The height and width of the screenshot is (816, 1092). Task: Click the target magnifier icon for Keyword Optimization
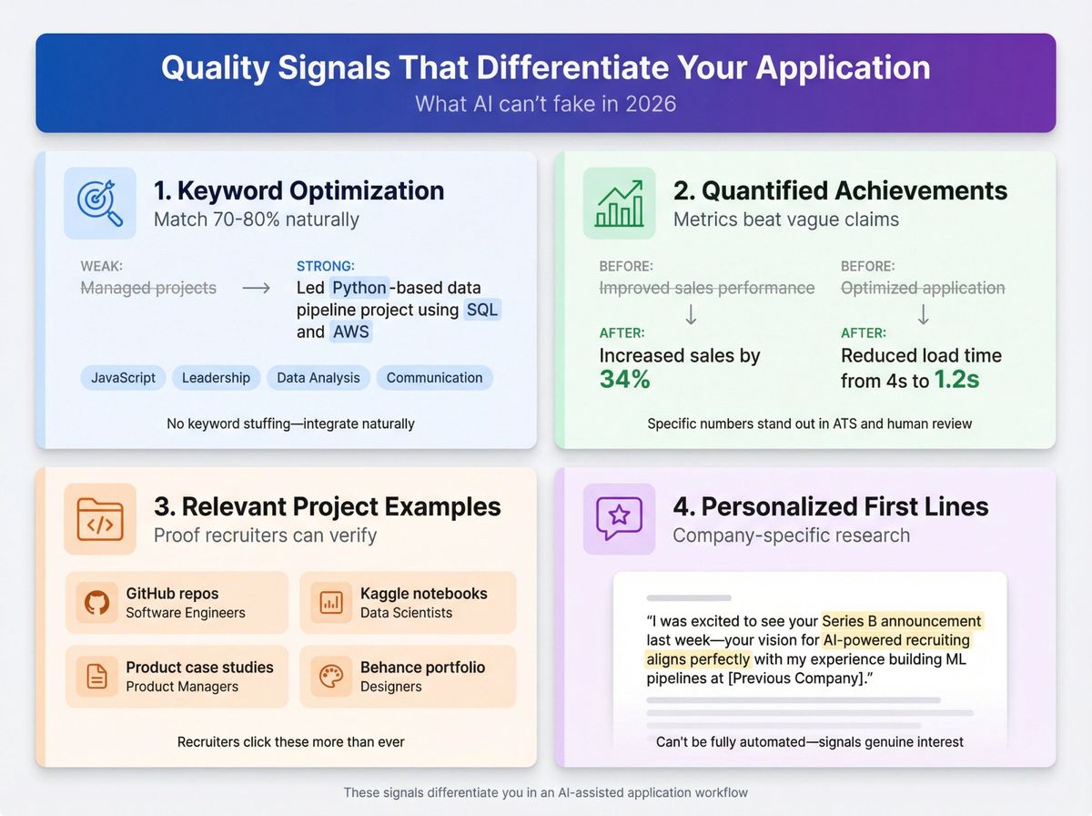(x=99, y=203)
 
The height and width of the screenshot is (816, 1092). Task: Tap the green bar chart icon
(x=619, y=203)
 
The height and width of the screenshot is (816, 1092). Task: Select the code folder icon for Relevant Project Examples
(x=99, y=519)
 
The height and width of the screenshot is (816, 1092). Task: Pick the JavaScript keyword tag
(x=123, y=378)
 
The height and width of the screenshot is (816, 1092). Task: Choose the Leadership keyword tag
(x=217, y=378)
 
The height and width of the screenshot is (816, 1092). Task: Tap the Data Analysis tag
(x=318, y=378)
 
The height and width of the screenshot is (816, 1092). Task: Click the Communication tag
(x=434, y=378)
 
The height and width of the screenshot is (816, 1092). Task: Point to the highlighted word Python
(x=359, y=288)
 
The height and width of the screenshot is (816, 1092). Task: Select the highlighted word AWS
(x=351, y=331)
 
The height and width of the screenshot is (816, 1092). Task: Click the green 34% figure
(x=624, y=380)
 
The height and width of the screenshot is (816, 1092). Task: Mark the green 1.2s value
(x=957, y=380)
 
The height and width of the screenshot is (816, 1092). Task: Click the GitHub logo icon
(x=96, y=602)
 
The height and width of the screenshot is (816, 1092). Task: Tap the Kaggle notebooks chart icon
(x=330, y=602)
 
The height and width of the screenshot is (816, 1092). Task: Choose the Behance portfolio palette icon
(x=330, y=676)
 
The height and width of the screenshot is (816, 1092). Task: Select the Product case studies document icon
(x=96, y=676)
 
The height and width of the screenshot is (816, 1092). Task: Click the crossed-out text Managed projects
(x=148, y=288)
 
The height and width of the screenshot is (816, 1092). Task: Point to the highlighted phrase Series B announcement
(x=902, y=621)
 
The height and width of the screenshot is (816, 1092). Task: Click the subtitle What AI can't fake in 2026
(x=545, y=103)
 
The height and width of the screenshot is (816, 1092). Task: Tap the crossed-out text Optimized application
(x=923, y=288)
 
